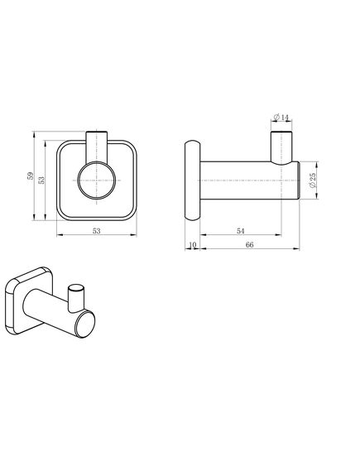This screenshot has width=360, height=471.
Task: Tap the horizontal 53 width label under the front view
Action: [x=97, y=231]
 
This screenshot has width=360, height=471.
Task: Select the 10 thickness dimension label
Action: [x=192, y=245]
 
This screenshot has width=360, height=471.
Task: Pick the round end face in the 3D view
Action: [x=84, y=324]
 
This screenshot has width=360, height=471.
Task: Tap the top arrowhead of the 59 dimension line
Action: [x=32, y=132]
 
